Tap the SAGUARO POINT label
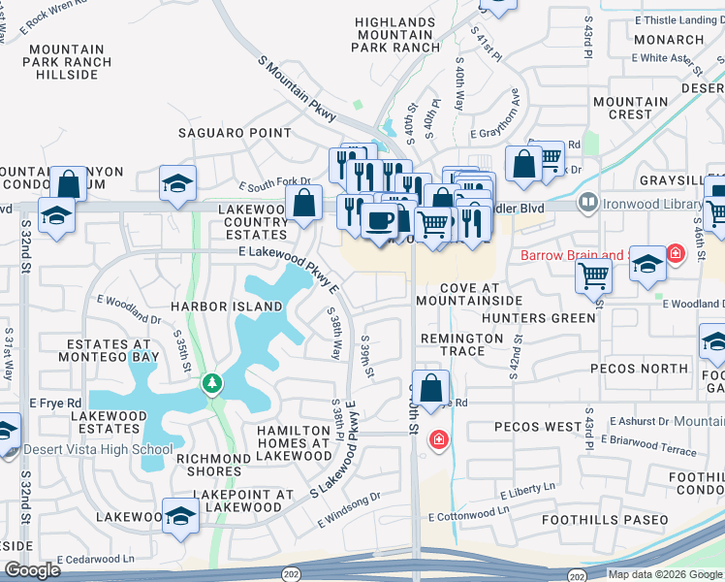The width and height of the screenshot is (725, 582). (x=234, y=133)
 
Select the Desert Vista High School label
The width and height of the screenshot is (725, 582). (x=97, y=449)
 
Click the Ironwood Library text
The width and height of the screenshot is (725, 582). (x=651, y=205)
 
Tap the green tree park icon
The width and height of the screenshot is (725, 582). (x=211, y=385)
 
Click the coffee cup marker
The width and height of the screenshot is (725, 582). (x=379, y=219)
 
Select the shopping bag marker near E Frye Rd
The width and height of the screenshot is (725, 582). (x=434, y=386)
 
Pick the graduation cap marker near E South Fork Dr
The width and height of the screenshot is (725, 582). (x=178, y=184)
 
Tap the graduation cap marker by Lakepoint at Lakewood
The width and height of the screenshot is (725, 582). (x=181, y=516)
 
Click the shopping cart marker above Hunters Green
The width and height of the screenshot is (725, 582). (x=593, y=275)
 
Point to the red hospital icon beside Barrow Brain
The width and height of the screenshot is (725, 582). (x=675, y=255)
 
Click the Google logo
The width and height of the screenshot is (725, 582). (x=32, y=570)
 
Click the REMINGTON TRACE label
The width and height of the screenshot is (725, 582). (x=461, y=344)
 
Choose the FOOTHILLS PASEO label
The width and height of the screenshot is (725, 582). (x=605, y=520)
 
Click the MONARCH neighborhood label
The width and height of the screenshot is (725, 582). (x=671, y=40)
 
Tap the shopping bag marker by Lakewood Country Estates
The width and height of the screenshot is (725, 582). (x=303, y=203)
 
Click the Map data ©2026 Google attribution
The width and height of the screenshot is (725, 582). (x=665, y=574)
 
